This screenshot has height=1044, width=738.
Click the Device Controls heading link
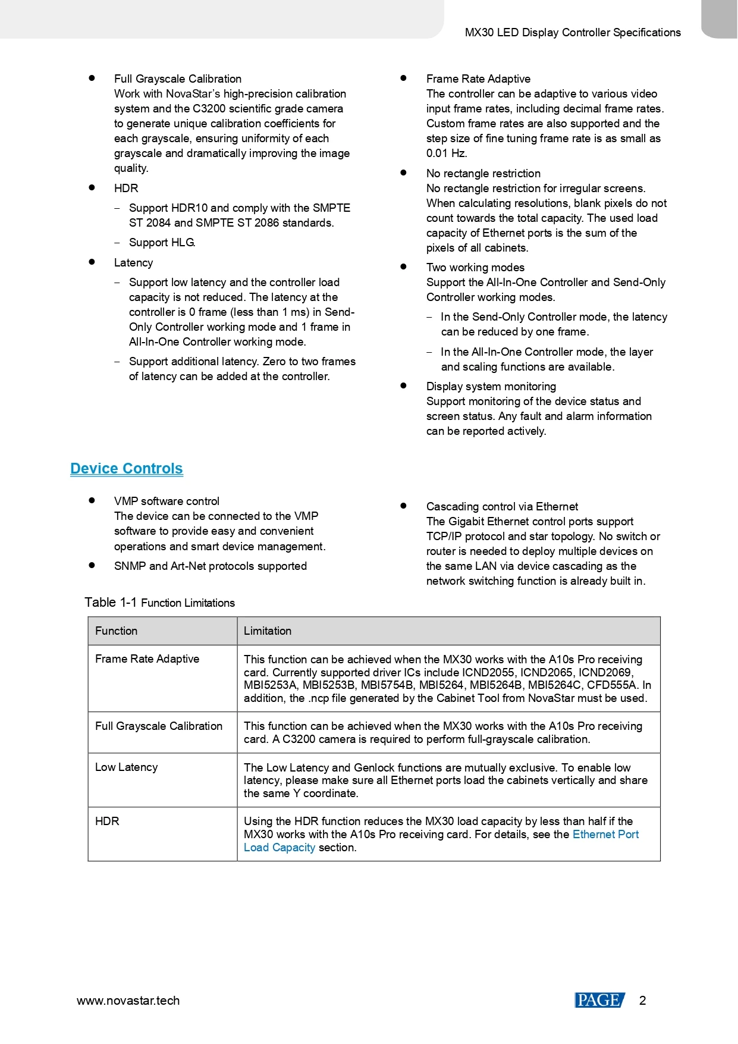(126, 469)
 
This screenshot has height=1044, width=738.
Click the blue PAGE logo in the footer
(599, 1001)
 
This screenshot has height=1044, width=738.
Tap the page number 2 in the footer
(642, 1001)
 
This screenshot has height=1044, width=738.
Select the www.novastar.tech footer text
(128, 1001)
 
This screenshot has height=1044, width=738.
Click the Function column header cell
(117, 631)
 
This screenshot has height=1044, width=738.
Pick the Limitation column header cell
(268, 631)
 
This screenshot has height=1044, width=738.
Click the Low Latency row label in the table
(127, 767)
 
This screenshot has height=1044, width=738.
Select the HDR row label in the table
(107, 821)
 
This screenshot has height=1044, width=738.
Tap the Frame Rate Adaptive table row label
(147, 659)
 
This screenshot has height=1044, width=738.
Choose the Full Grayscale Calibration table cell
(159, 726)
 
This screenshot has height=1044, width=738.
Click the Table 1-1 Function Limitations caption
(159, 603)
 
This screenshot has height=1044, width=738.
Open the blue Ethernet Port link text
(605, 835)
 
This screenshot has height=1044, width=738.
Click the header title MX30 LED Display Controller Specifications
(573, 33)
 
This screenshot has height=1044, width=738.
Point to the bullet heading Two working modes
(475, 268)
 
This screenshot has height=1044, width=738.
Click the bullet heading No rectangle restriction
(483, 174)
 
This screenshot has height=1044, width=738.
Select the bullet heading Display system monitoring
(491, 387)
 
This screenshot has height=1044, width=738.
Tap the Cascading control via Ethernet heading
(502, 507)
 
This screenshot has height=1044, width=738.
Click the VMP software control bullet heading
(167, 501)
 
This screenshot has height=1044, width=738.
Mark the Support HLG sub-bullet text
(162, 243)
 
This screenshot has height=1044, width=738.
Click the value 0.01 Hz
(446, 153)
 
